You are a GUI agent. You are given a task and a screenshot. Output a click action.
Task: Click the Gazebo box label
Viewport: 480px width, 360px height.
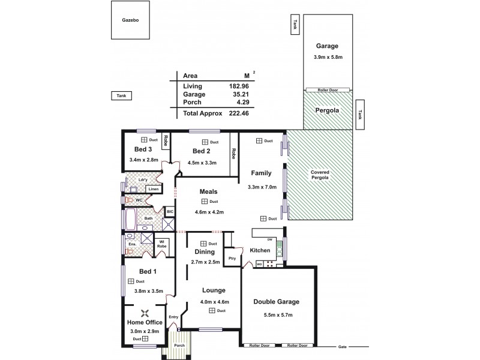click(x=131, y=20)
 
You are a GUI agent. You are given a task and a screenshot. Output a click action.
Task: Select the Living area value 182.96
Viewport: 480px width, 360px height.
click(x=240, y=86)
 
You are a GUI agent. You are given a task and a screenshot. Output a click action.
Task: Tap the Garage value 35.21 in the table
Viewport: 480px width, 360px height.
click(x=240, y=95)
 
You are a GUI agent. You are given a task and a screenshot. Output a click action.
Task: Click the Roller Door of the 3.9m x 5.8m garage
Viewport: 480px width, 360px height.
click(x=327, y=90)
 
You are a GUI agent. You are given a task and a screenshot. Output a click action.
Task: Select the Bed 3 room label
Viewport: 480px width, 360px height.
click(x=142, y=149)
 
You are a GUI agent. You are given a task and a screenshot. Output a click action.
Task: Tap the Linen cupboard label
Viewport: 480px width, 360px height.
click(x=153, y=189)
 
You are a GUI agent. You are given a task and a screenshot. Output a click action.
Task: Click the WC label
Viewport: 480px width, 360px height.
click(x=138, y=200)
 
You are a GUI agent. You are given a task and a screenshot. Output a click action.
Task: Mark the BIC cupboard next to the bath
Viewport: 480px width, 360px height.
click(x=170, y=212)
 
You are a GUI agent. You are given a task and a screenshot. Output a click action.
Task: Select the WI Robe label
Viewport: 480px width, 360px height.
click(x=161, y=244)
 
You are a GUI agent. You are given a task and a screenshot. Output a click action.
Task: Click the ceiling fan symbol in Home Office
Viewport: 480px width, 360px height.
click(x=144, y=313)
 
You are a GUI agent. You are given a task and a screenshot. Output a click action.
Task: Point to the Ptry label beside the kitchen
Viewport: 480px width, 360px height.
click(x=232, y=258)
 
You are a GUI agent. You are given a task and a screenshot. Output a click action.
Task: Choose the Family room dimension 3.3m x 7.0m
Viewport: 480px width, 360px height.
click(x=262, y=187)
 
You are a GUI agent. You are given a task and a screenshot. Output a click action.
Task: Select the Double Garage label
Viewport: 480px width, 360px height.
click(x=276, y=302)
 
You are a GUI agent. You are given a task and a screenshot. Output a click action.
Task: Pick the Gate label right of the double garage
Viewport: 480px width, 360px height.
click(x=343, y=347)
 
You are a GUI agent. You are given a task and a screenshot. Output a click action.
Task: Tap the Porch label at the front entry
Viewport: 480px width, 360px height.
click(x=179, y=346)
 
